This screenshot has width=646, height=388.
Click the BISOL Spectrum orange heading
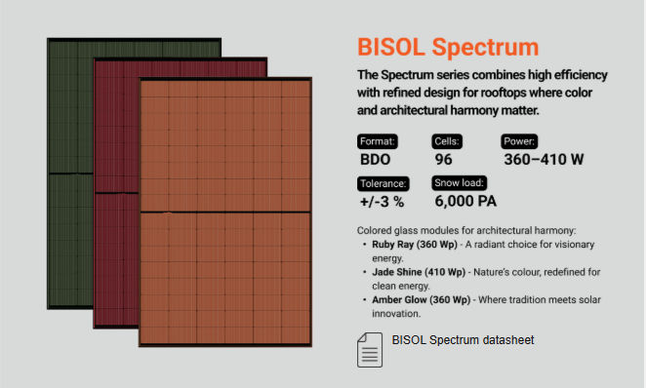(447, 48)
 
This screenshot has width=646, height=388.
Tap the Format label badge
(378, 140)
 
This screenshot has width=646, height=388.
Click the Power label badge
(521, 140)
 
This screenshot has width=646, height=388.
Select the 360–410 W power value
(544, 159)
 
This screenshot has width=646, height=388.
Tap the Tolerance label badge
(384, 183)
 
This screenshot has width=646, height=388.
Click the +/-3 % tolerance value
(382, 202)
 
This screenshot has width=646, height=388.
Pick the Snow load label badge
(459, 183)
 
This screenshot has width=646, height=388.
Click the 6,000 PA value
(464, 202)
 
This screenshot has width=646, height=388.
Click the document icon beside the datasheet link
(368, 348)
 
